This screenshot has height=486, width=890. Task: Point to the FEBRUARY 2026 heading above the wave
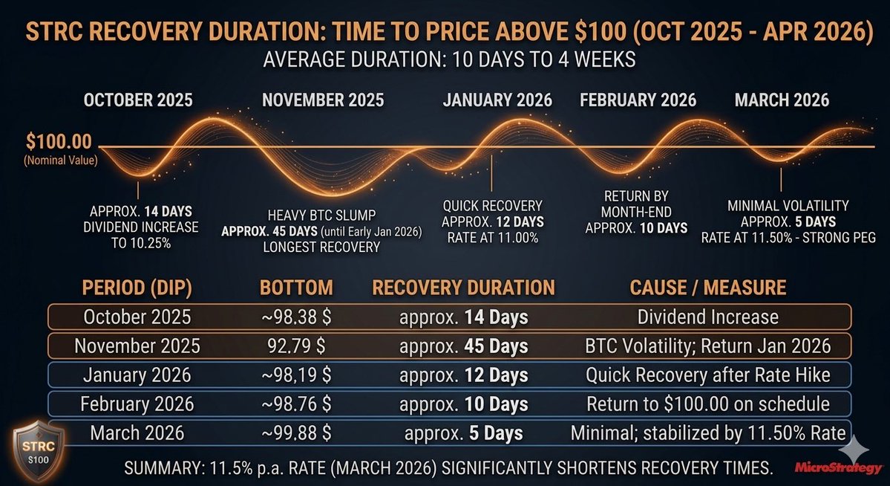click(x=638, y=100)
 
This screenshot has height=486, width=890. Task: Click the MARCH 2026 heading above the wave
click(x=782, y=100)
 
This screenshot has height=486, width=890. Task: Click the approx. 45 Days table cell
click(x=463, y=346)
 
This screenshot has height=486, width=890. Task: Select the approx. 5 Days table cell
click(x=463, y=433)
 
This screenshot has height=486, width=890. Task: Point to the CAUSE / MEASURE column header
click(x=707, y=288)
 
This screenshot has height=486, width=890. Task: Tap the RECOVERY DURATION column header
click(x=463, y=288)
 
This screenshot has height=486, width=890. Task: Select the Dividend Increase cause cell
click(x=707, y=317)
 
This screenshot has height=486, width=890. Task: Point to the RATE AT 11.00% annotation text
click(x=493, y=238)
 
